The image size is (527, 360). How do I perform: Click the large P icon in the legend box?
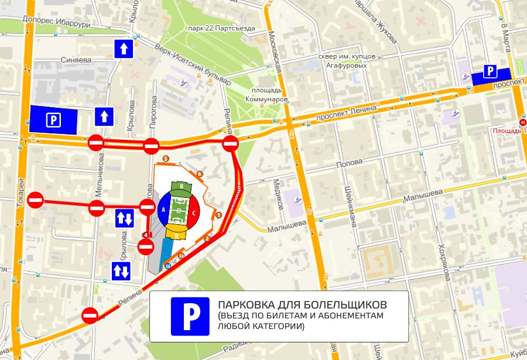190,316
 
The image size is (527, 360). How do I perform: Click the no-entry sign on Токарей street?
36,200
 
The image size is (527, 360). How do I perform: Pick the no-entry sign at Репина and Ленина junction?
231,144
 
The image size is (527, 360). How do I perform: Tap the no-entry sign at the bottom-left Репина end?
90,316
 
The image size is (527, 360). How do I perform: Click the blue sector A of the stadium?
164,210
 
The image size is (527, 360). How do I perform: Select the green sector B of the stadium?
182,187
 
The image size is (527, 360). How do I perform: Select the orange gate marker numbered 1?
219,215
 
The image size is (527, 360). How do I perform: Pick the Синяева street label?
76,60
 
